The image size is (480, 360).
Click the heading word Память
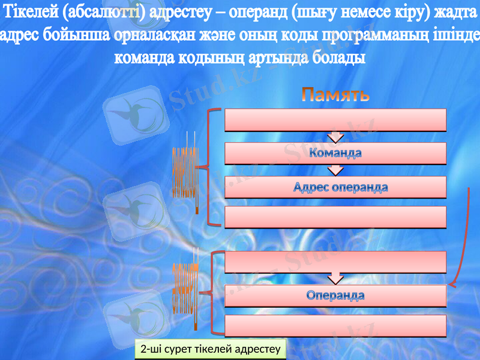[x=335, y=95]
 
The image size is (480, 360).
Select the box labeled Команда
[x=335, y=153]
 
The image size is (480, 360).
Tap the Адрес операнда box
[x=335, y=187]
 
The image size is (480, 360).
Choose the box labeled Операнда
[x=335, y=296]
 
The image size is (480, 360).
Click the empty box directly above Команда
[x=335, y=119]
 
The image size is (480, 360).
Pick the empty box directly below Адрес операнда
[x=335, y=217]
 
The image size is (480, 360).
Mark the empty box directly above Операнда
[x=335, y=262]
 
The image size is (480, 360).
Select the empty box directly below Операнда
[x=335, y=326]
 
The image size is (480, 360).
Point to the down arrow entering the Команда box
[x=336, y=137]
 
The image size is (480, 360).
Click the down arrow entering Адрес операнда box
[x=336, y=170]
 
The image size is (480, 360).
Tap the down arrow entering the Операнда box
[x=336, y=278]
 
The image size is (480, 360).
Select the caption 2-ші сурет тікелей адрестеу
[x=211, y=349]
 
